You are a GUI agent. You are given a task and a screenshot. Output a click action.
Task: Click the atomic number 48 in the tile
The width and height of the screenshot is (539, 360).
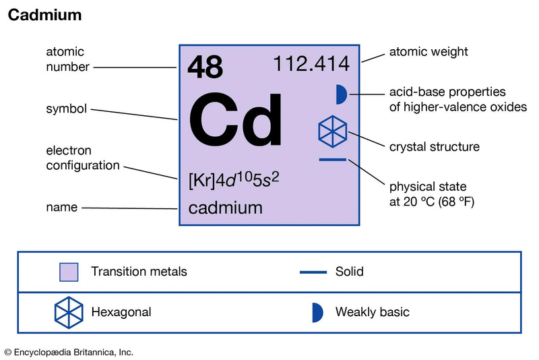(205, 67)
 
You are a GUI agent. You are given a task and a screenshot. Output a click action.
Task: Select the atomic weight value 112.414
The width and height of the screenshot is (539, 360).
(311, 64)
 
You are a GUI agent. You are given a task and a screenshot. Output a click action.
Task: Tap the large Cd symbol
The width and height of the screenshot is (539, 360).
(236, 119)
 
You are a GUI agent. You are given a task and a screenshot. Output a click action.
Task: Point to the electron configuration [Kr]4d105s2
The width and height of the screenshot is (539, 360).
(234, 180)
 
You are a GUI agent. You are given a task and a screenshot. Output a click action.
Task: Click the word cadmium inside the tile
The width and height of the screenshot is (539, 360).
(226, 208)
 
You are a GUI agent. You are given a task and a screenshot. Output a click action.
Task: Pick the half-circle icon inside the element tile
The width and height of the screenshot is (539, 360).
(342, 94)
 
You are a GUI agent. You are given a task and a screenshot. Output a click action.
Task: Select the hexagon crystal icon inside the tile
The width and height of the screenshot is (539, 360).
(332, 131)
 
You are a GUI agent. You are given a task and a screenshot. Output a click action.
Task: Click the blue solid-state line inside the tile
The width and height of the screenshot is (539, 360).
(332, 160)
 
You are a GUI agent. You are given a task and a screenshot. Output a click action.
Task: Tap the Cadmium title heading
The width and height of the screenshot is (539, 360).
(44, 15)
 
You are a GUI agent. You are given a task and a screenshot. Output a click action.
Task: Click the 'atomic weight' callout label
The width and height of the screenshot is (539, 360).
(429, 52)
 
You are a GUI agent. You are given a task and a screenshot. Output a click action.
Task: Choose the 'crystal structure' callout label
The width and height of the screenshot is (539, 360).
(434, 147)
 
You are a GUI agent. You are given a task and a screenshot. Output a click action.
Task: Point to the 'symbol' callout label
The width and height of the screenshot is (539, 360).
(66, 109)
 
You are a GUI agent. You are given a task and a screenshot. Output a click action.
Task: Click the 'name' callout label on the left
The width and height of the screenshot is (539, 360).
(62, 207)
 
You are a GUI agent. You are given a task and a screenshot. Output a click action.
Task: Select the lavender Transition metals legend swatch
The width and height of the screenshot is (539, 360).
(69, 272)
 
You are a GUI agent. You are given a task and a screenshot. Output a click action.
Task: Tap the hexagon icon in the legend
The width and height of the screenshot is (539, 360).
(69, 313)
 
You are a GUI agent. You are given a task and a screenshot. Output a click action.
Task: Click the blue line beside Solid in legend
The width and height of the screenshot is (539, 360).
(313, 272)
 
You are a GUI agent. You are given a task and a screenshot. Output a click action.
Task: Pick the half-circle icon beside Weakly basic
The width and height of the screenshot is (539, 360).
(317, 313)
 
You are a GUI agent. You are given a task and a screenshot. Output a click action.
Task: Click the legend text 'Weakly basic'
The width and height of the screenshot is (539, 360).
(373, 312)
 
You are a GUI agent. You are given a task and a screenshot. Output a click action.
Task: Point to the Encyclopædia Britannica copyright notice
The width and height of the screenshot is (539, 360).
(69, 353)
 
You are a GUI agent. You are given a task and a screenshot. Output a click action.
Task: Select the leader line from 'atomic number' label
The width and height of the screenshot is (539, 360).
(135, 67)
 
